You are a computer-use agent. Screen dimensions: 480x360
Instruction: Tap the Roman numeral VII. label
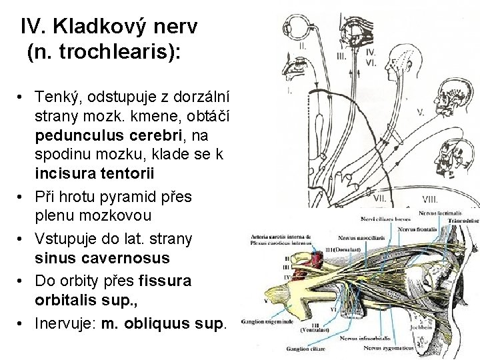(x=380, y=197)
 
